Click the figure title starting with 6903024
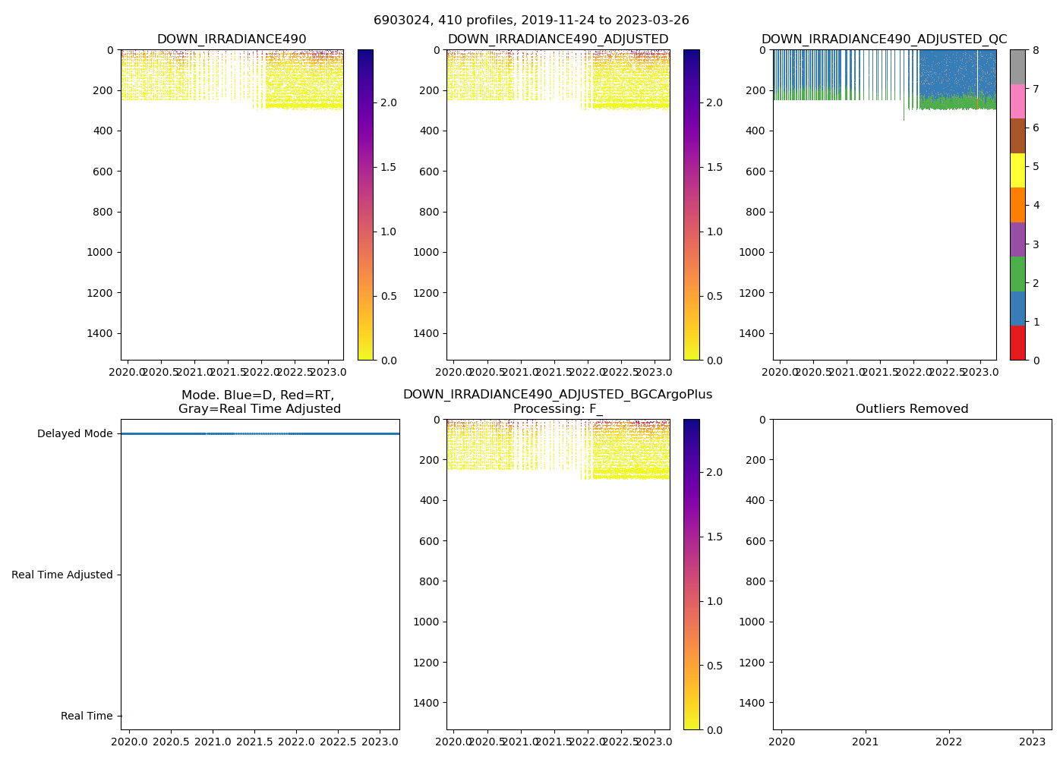pos(531,20)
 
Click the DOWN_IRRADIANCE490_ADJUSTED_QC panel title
pos(885,39)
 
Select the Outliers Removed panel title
pos(912,409)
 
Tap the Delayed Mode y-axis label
pos(74,434)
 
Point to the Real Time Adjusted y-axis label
pos(62,575)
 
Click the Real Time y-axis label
pos(87,716)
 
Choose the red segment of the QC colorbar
pos(1017,342)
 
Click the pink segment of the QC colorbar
pos(1017,102)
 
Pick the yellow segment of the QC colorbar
pos(1017,171)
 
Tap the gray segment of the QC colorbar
pos(1017,67)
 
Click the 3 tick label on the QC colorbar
pos(1036,244)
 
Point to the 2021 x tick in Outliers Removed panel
pos(866,742)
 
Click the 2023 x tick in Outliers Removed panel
pos(1032,742)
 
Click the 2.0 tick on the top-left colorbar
pos(387,102)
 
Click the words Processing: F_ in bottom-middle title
pos(558,409)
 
